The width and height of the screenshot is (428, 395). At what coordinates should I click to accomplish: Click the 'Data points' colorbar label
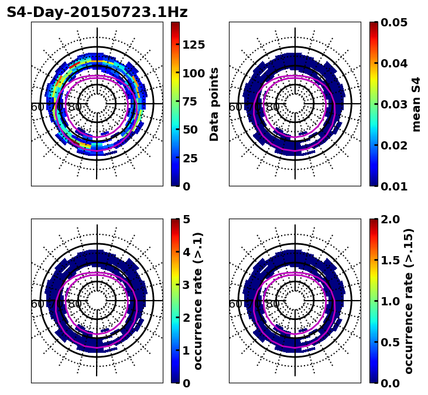coord(214,104)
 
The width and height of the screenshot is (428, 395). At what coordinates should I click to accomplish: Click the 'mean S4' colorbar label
coord(416,104)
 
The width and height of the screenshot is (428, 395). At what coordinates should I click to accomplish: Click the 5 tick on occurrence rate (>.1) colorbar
coord(187,219)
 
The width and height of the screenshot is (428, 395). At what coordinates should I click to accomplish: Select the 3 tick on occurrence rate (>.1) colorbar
coord(187,285)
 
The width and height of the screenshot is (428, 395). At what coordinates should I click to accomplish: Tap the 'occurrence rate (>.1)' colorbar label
coord(198,301)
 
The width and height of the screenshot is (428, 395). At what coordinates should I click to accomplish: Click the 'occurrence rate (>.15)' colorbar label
coord(409,301)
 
